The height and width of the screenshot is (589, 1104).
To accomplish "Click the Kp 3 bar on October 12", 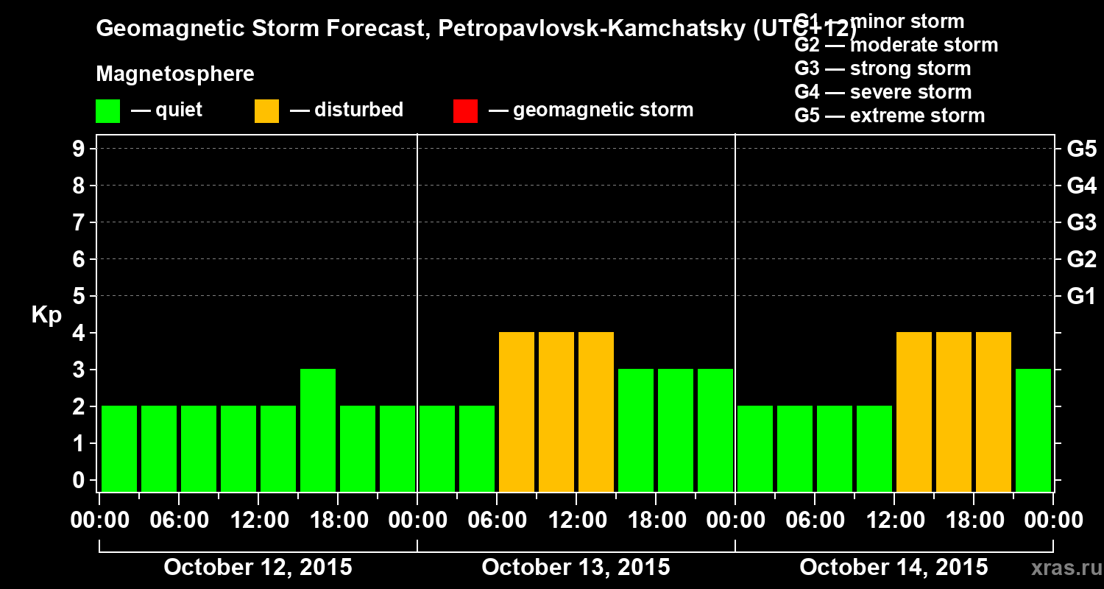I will coord(318,429).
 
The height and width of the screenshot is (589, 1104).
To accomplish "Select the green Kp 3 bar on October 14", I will coord(1033,429).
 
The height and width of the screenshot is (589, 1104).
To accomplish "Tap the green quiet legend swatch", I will coord(107,110).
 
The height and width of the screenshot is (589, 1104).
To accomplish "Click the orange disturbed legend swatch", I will coord(266,110).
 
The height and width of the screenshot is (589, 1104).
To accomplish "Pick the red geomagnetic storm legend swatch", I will coord(465,110).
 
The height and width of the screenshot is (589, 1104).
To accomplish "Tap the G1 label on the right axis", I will coord(1081,297).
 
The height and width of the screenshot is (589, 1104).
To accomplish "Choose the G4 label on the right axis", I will coord(1081,186).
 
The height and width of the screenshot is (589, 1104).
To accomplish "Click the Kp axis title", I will coord(46,315).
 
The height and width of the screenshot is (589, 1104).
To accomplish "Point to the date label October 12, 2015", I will coord(258,568).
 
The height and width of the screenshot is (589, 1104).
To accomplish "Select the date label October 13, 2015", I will coord(576,568).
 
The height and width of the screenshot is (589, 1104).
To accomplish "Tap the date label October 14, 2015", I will coord(894,568).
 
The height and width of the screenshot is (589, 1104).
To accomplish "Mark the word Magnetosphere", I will coord(175,74).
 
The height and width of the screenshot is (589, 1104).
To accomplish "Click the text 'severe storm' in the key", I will coord(910,92).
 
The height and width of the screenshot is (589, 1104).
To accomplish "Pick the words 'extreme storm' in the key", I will coord(917,116).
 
